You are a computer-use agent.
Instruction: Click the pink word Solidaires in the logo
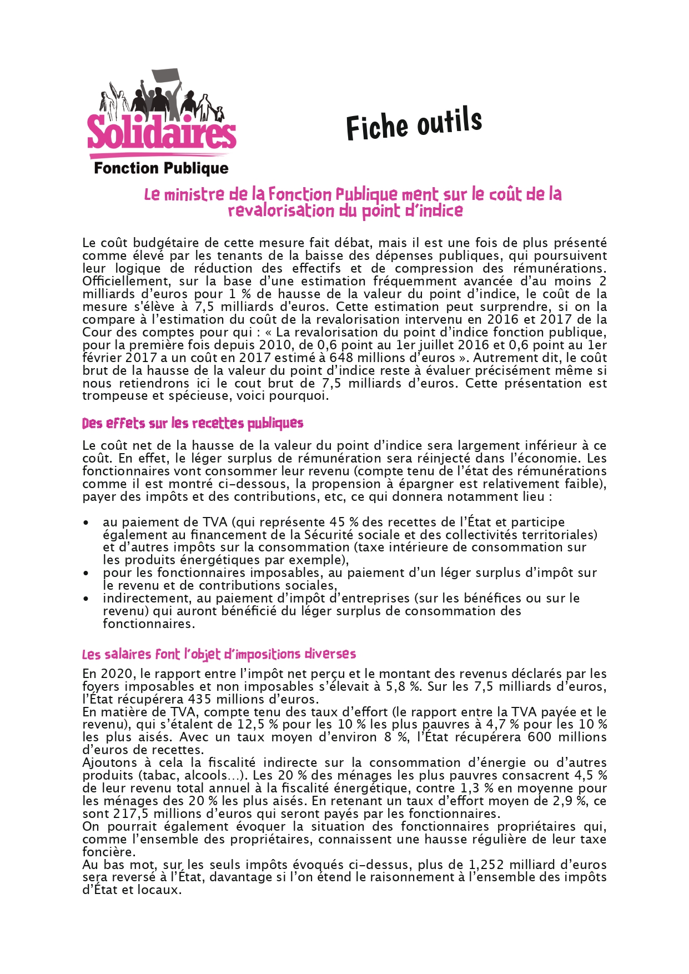[x=162, y=131]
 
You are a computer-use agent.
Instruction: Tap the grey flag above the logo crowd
[x=166, y=77]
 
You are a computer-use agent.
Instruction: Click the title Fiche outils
[x=414, y=123]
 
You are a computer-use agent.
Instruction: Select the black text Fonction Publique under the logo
[x=161, y=168]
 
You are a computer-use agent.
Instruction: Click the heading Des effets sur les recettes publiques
[x=193, y=424]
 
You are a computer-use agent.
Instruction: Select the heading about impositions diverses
[x=219, y=654]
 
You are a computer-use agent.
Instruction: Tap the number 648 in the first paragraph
[x=341, y=358]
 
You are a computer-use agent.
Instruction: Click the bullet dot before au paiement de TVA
[x=86, y=523]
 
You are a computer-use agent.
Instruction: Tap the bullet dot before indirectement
[x=86, y=599]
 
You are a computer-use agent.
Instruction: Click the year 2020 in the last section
[x=117, y=674]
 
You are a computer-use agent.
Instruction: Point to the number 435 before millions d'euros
[x=199, y=699]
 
